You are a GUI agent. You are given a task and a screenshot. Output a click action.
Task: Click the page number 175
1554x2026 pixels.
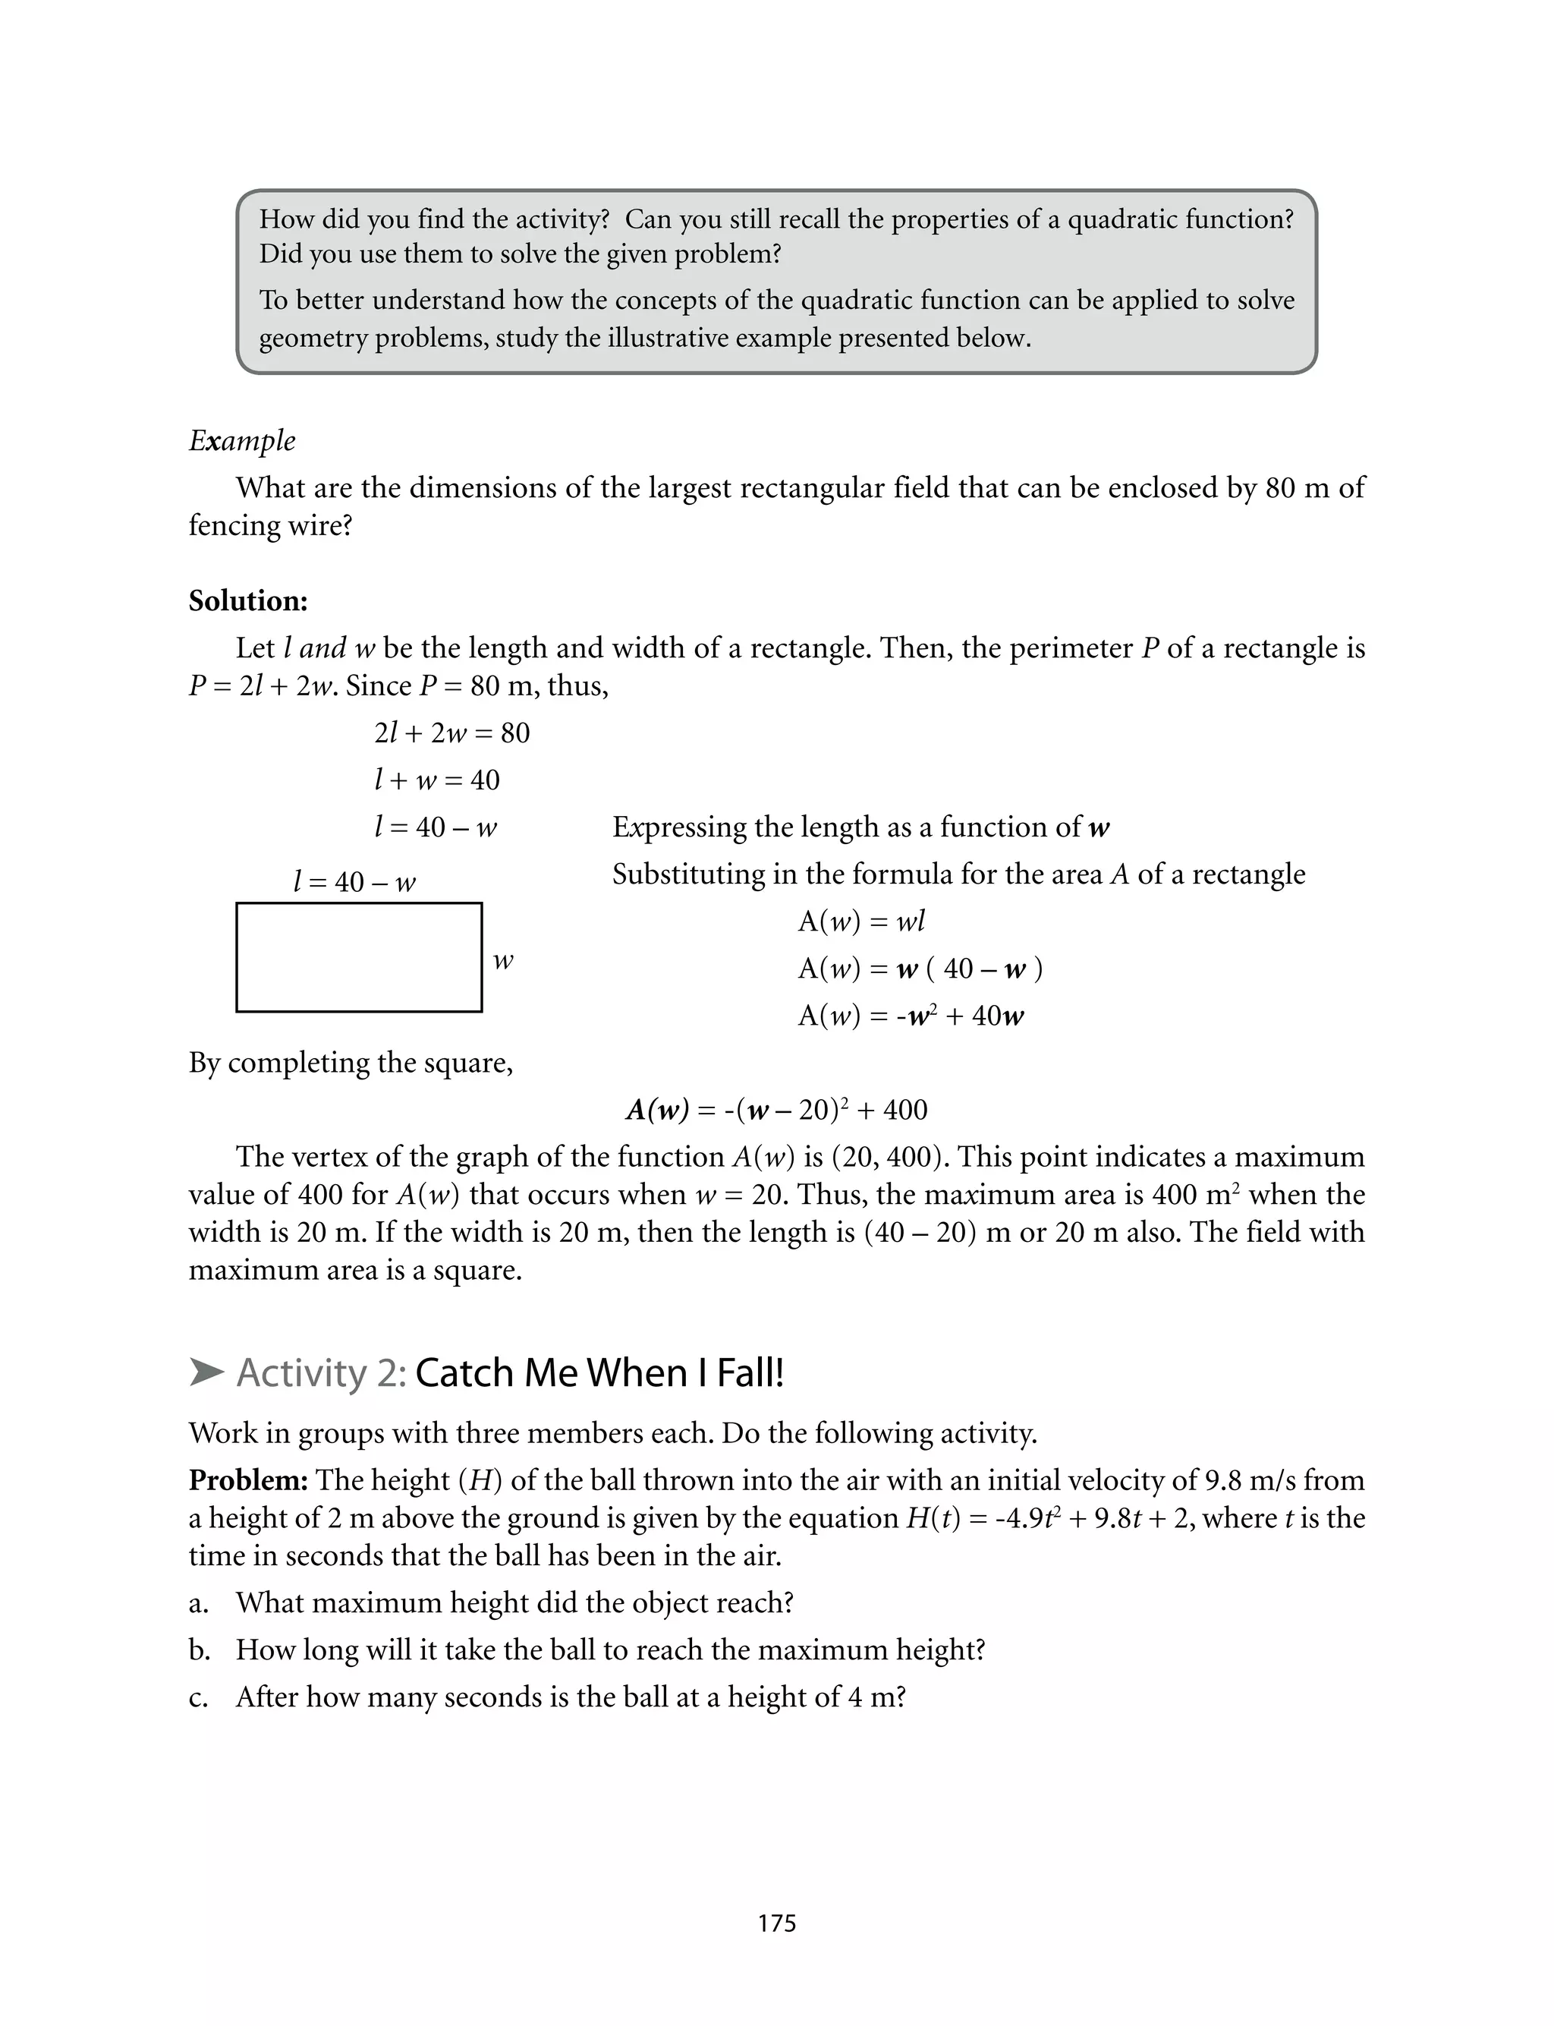(776, 1924)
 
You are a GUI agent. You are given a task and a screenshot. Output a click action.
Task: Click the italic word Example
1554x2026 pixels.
(241, 440)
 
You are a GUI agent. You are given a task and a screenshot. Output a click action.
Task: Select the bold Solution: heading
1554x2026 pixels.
(248, 601)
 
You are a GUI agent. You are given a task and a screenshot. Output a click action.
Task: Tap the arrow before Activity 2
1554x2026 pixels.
(206, 1373)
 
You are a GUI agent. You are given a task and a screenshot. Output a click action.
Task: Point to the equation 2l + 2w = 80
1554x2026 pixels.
(451, 733)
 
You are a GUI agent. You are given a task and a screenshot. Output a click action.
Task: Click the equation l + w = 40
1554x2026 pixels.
(436, 780)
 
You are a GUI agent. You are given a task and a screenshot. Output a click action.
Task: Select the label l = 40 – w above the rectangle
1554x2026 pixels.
(354, 881)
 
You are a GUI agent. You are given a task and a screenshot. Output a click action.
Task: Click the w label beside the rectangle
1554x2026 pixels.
(502, 961)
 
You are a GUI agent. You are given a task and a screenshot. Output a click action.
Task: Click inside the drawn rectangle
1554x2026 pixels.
(359, 957)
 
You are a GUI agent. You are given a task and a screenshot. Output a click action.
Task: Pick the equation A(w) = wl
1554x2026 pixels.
(861, 922)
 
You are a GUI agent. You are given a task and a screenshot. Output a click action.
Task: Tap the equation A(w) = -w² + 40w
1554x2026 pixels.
(911, 1016)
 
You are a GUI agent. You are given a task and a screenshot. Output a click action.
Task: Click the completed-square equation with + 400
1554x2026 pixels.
(776, 1109)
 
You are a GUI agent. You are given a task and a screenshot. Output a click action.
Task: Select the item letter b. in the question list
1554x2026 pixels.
(199, 1649)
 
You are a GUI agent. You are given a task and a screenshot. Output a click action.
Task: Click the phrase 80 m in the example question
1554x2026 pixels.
(1296, 487)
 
